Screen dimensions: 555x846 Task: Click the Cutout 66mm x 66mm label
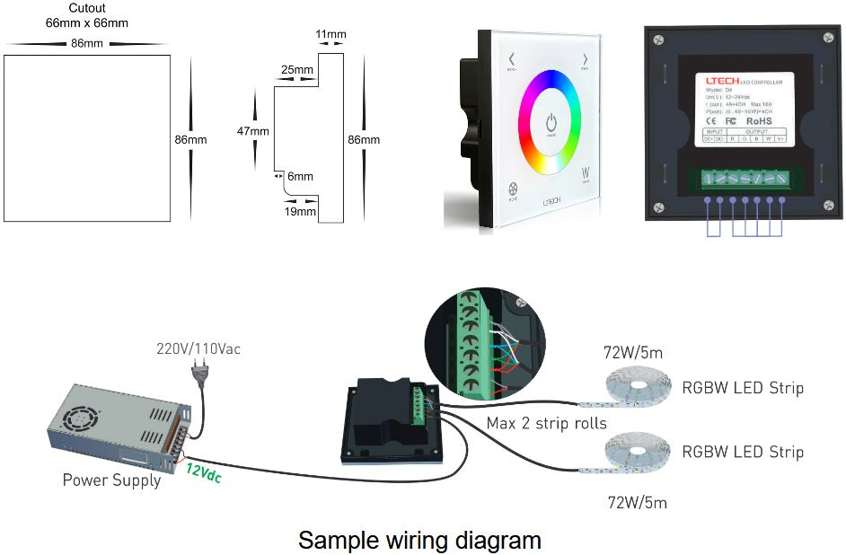pyautogui.click(x=87, y=15)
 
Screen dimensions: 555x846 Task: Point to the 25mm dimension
pyautogui.click(x=296, y=70)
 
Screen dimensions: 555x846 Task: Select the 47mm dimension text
pyautogui.click(x=253, y=131)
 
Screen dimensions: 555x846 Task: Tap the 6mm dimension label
pyautogui.click(x=301, y=177)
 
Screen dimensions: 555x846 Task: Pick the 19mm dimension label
pyautogui.click(x=300, y=212)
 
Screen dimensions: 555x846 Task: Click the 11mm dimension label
pyautogui.click(x=330, y=35)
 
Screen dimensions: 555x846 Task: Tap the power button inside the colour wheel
pyautogui.click(x=551, y=122)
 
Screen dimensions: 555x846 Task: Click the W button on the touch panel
pyautogui.click(x=586, y=172)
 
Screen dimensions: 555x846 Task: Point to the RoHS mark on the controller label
pyautogui.click(x=759, y=120)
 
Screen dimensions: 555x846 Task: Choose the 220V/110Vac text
pyautogui.click(x=197, y=348)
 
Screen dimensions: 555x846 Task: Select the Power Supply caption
pyautogui.click(x=111, y=480)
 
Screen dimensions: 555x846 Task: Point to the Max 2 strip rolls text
pyautogui.click(x=546, y=423)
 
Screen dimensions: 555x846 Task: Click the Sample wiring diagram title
pyautogui.click(x=419, y=540)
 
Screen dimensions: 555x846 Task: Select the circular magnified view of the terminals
pyautogui.click(x=485, y=341)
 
